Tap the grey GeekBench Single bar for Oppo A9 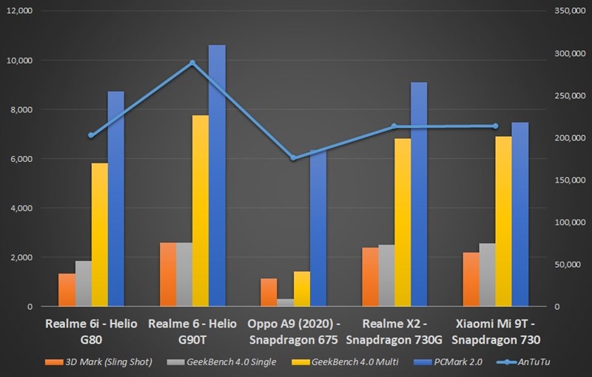pyautogui.click(x=285, y=302)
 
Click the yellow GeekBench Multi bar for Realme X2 pyautogui.click(x=403, y=222)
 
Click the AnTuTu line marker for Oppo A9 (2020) pyautogui.click(x=293, y=158)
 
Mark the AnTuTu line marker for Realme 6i pyautogui.click(x=91, y=135)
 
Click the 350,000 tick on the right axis pyautogui.click(x=568, y=11)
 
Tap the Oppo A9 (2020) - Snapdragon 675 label pyautogui.click(x=293, y=332)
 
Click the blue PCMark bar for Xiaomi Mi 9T pyautogui.click(x=520, y=214)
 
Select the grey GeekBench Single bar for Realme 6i pyautogui.click(x=84, y=283)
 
